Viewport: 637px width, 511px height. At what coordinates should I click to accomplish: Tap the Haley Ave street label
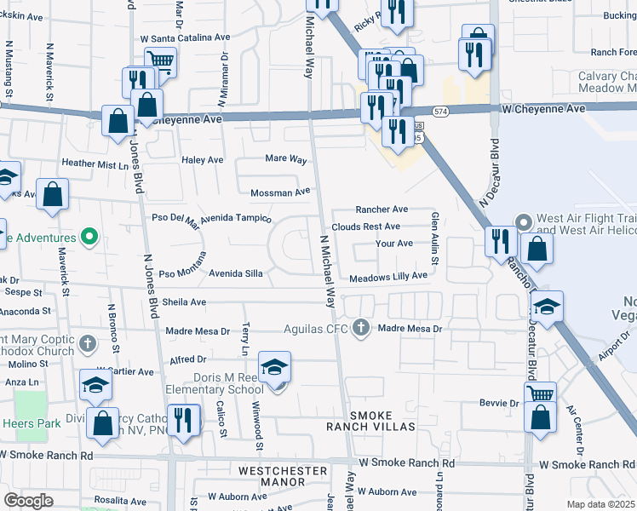click(203, 159)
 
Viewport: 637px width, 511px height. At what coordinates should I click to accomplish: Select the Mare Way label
click(286, 158)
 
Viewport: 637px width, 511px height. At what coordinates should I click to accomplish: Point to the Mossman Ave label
click(284, 192)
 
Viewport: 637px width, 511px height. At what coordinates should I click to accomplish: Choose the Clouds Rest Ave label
click(365, 227)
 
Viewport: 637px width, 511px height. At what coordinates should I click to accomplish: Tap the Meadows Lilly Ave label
click(387, 276)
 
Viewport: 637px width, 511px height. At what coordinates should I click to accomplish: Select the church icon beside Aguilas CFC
click(361, 328)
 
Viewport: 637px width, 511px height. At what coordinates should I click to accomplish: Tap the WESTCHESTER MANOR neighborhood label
click(283, 476)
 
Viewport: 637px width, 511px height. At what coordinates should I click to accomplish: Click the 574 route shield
click(440, 112)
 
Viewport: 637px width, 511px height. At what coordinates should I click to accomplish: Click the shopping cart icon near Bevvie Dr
click(541, 393)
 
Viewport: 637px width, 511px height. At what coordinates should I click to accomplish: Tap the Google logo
click(28, 500)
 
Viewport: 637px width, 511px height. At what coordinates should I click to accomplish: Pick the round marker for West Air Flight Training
click(524, 223)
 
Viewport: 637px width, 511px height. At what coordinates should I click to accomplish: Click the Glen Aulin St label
click(434, 238)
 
